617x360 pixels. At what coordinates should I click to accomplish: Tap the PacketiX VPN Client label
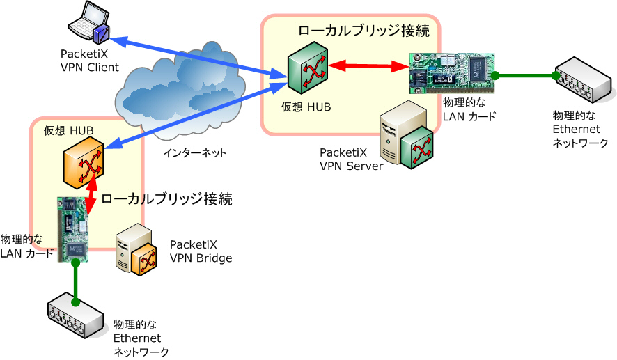[90, 60]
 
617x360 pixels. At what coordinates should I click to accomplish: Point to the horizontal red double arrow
[368, 67]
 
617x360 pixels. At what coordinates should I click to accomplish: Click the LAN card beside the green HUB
[451, 73]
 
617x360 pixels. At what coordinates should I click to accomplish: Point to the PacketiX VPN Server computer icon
[408, 139]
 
